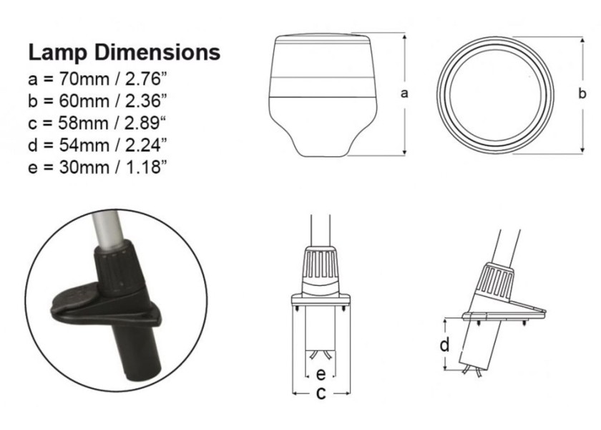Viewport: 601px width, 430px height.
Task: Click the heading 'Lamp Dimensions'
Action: coord(124,52)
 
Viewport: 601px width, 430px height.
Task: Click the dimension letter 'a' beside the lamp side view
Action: coord(404,93)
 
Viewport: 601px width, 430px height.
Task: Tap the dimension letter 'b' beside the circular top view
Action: coord(582,93)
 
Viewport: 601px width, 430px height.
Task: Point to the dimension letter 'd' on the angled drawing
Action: coord(445,345)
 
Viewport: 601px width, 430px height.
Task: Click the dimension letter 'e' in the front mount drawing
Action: coord(321,374)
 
